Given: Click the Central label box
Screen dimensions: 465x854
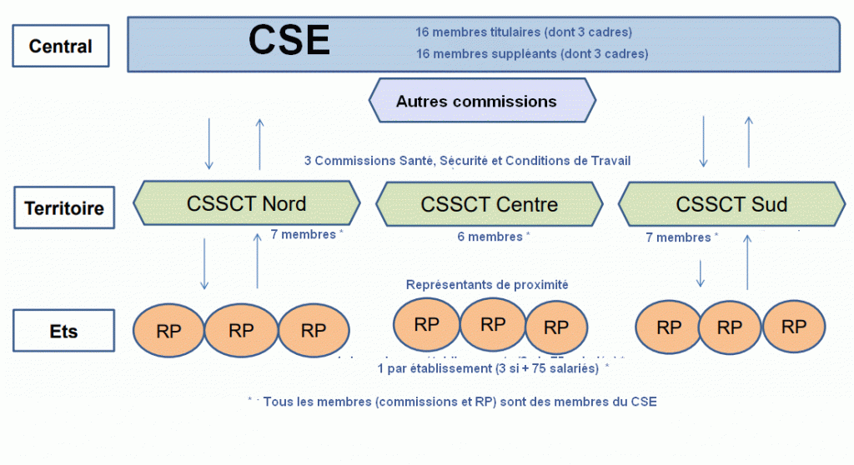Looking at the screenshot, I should pos(60,46).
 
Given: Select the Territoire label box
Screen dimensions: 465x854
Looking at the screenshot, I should pos(64,207).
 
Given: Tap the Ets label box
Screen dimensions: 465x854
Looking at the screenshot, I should pos(63,331).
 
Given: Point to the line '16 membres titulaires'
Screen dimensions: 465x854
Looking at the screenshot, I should pos(523,32).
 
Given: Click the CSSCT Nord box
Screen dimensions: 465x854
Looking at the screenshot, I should pos(247,203).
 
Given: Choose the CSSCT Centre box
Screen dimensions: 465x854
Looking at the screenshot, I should pos(490,204).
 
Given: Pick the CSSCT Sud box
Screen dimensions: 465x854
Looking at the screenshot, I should pos(731,204).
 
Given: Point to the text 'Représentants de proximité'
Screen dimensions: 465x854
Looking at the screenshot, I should pos(487,284).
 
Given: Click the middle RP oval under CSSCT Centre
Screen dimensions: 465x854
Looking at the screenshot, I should pos(493,323).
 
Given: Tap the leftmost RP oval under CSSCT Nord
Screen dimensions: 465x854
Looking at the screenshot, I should pos(169,330).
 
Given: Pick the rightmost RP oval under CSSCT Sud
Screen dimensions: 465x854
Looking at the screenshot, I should pos(794,327).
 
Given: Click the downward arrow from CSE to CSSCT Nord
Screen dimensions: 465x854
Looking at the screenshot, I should pos(208,143).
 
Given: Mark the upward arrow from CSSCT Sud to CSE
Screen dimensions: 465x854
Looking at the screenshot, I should pos(748,143).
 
